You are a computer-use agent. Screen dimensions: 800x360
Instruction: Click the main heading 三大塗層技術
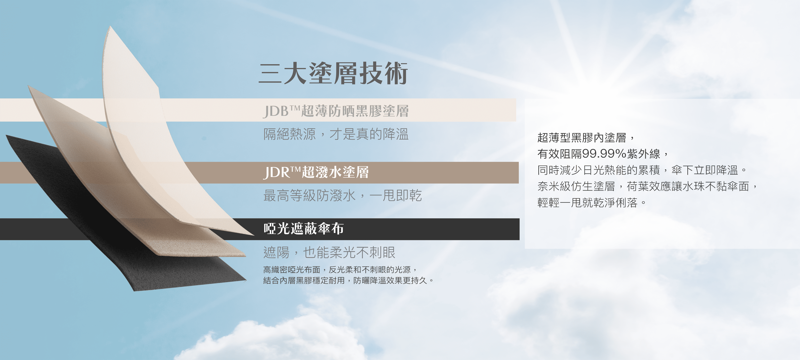[x=333, y=73]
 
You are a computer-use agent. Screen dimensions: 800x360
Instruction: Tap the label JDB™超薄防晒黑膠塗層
[x=336, y=111]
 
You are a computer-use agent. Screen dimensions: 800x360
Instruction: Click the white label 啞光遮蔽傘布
[x=303, y=229]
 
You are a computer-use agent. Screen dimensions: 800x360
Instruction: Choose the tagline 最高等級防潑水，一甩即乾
[x=343, y=195]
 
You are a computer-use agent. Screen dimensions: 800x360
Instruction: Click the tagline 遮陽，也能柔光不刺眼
[x=329, y=252]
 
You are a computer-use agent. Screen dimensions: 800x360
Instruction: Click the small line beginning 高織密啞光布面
[x=340, y=270]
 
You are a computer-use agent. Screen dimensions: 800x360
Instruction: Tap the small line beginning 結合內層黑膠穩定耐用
[x=348, y=280]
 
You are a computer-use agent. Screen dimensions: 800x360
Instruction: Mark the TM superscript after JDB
[x=295, y=108]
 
